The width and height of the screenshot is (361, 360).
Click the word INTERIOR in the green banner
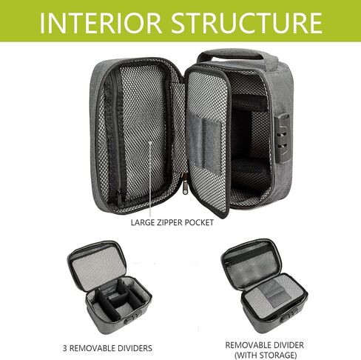click(x=101, y=23)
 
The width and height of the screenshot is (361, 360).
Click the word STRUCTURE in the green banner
click(x=246, y=23)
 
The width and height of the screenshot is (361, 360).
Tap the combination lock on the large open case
click(x=282, y=138)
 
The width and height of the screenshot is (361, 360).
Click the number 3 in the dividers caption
click(x=65, y=348)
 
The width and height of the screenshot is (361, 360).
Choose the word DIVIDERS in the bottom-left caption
click(x=135, y=348)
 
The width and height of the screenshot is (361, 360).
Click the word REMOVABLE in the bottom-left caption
click(x=92, y=348)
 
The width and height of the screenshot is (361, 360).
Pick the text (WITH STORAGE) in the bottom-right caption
click(x=266, y=355)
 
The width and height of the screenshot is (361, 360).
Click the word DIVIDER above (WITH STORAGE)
click(x=288, y=344)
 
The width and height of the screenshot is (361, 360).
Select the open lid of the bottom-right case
click(x=252, y=262)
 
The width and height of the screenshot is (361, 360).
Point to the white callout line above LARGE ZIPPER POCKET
click(x=150, y=180)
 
